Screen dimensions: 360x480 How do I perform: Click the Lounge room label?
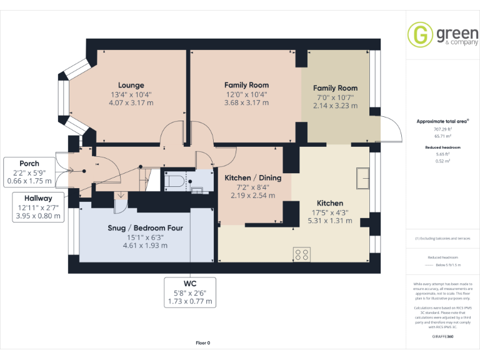click(x=131, y=85)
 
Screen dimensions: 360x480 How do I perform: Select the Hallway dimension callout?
click(x=39, y=207)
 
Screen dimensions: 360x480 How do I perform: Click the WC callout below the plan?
click(x=190, y=292)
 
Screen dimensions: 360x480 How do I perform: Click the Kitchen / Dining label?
click(x=252, y=177)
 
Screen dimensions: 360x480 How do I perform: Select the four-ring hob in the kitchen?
click(x=302, y=254)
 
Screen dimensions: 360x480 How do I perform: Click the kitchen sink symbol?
click(x=362, y=178)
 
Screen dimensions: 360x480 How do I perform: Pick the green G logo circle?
click(x=419, y=34)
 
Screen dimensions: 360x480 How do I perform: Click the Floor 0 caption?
click(x=203, y=343)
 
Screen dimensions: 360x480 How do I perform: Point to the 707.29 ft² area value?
click(x=442, y=129)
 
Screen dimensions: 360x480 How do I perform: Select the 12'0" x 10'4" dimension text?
click(x=246, y=94)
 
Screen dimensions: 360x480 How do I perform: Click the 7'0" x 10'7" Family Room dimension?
click(x=335, y=97)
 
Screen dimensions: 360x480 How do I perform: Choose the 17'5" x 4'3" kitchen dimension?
click(x=329, y=212)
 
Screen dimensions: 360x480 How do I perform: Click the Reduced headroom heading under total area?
click(x=442, y=147)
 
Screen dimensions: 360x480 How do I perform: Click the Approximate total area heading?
click(x=442, y=121)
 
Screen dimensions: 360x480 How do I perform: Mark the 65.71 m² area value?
click(x=442, y=135)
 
